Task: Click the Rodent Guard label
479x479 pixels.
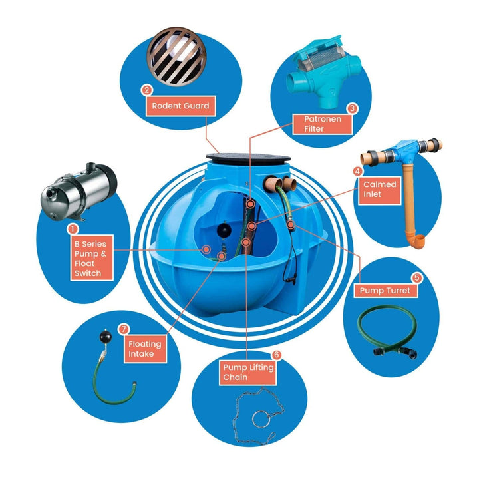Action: click(x=180, y=106)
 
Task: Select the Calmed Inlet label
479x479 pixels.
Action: click(x=380, y=189)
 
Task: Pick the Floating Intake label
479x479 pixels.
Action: click(x=145, y=349)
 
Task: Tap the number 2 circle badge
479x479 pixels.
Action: click(x=146, y=90)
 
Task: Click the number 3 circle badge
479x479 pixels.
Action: click(x=353, y=108)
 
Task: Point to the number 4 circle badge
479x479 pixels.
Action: click(x=358, y=170)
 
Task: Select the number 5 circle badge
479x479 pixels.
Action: click(x=416, y=277)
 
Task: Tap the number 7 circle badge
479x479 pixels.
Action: click(x=122, y=329)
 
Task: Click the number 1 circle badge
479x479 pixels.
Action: click(x=73, y=228)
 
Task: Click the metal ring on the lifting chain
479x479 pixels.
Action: click(x=260, y=420)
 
